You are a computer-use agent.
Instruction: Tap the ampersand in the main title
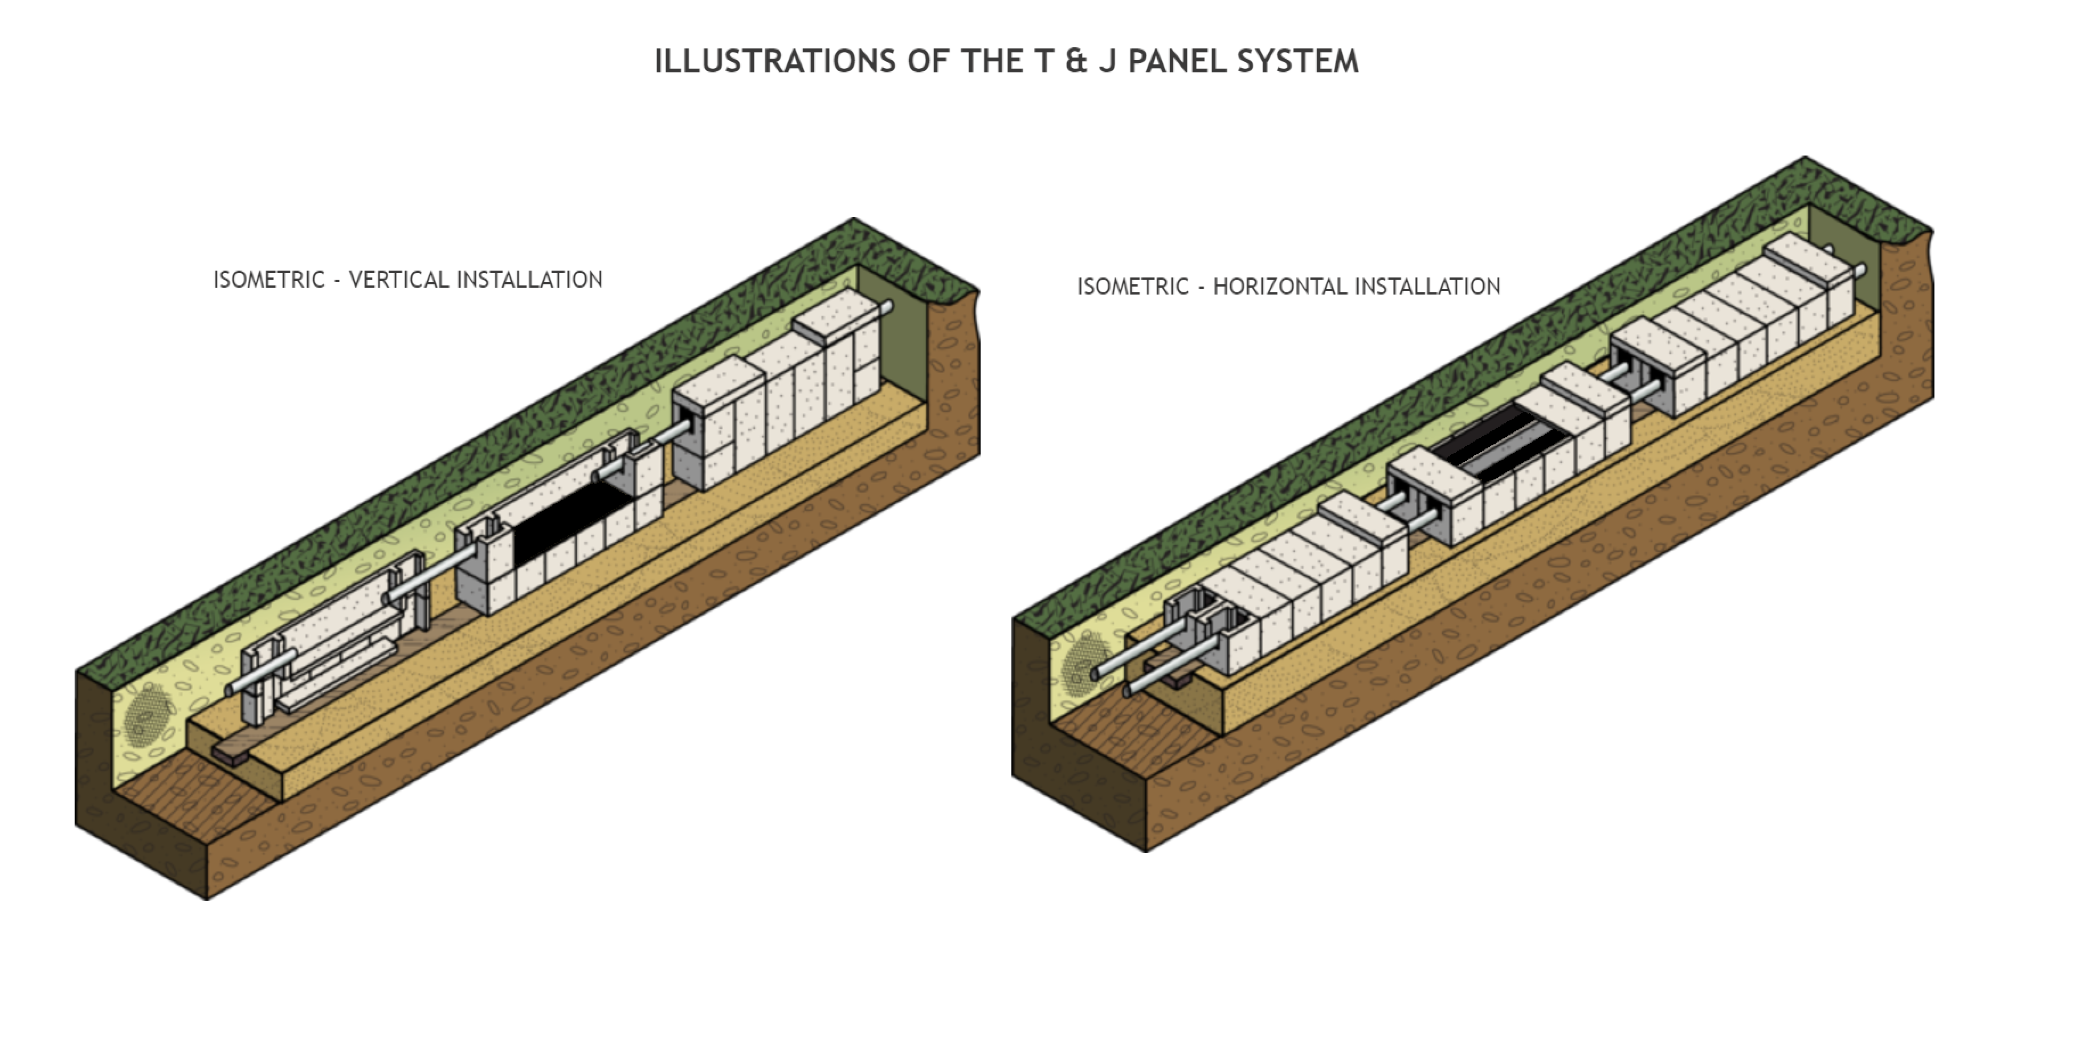click(1076, 62)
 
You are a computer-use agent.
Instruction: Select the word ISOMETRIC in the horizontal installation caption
click(1133, 287)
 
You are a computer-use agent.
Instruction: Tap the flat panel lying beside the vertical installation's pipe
click(337, 673)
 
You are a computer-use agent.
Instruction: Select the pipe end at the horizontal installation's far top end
click(1860, 270)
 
